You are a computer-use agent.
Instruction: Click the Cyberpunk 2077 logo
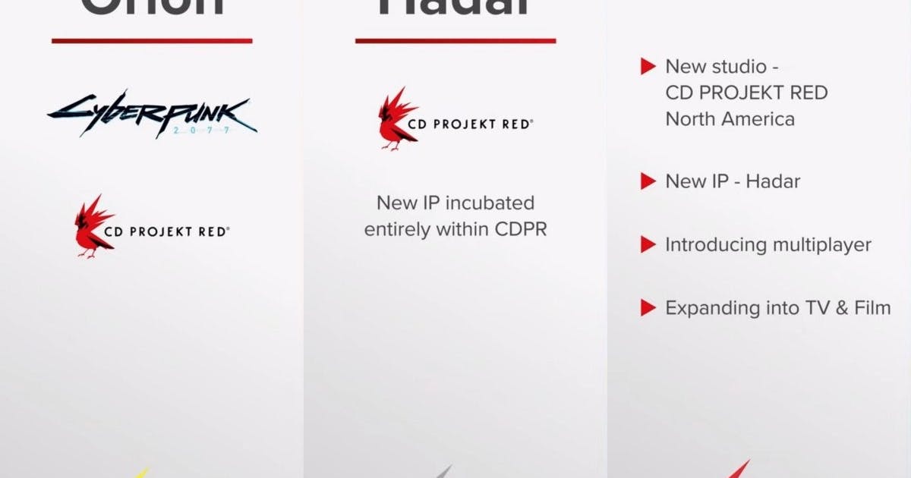(152, 114)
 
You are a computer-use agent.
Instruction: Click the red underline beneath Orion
(152, 40)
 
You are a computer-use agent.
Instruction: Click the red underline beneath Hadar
(455, 40)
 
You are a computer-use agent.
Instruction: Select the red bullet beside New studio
(648, 67)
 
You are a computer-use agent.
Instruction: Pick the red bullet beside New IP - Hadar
(648, 181)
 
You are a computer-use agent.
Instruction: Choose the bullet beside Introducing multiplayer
(648, 245)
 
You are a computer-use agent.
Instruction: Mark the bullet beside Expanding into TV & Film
(648, 308)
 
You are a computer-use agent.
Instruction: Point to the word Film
(868, 308)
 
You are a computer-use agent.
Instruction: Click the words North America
(730, 119)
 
